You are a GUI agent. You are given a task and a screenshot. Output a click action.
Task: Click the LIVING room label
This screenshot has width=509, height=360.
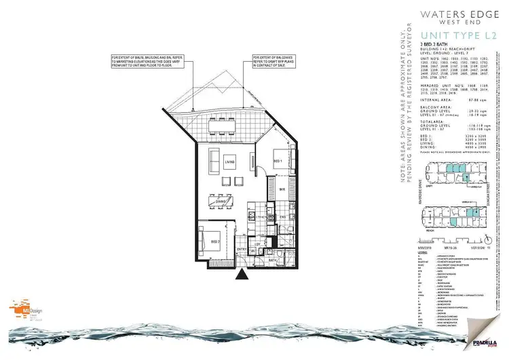229,162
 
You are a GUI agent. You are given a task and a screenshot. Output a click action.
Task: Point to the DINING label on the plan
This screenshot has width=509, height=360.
221,201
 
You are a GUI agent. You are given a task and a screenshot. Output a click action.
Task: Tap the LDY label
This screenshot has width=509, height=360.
257,245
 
